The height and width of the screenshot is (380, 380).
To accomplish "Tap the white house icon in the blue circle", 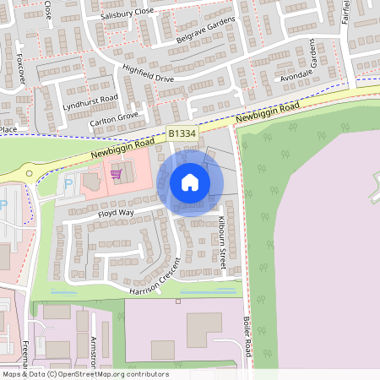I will point(190,182).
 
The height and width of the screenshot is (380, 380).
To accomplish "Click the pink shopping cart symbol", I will point(116,174).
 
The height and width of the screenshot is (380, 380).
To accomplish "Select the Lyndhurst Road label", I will point(90,103).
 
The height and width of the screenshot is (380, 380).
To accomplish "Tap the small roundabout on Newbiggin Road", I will point(29,173).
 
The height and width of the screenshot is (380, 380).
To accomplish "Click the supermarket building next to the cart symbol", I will point(91,181).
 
